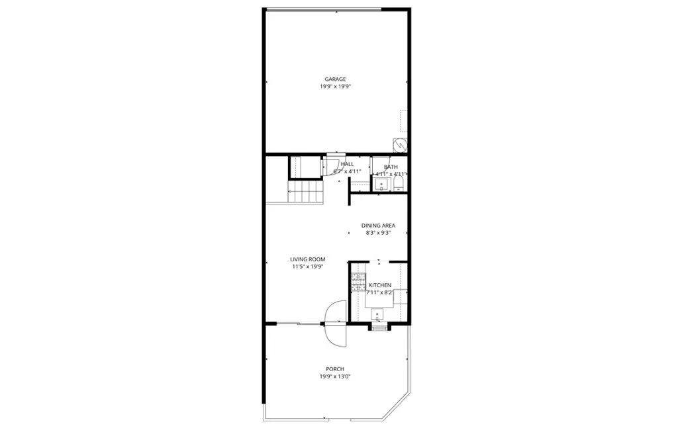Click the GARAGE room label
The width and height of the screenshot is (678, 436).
point(335,79)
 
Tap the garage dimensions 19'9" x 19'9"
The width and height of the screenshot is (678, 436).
point(335,87)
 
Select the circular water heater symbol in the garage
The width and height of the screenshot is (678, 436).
point(399,144)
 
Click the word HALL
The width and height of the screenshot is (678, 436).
point(347,164)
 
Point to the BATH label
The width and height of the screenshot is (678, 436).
point(391,167)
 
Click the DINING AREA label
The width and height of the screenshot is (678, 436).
point(378,226)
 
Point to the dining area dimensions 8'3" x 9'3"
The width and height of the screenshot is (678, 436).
point(378,233)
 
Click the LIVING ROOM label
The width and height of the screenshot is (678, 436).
point(308,259)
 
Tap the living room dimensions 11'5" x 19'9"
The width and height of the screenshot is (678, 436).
point(308,267)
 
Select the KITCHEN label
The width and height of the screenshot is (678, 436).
point(380,285)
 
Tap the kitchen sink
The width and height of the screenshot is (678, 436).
point(378,313)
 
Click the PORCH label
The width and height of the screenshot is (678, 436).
point(335,369)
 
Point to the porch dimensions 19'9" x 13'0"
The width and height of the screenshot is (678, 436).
point(335,376)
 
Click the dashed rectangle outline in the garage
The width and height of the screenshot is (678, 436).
point(403,121)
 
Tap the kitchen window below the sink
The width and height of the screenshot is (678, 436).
point(378,327)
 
